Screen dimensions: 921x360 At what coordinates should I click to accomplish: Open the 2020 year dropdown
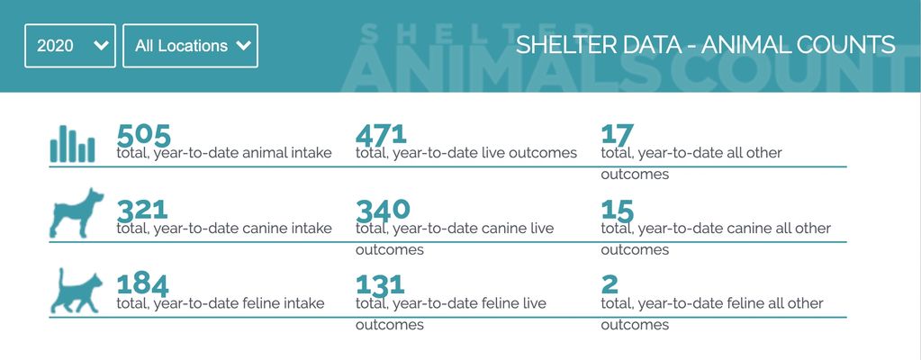[x=70, y=46]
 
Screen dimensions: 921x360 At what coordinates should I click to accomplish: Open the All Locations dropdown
[x=190, y=46]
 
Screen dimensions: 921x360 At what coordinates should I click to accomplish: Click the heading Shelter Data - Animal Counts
[x=706, y=45]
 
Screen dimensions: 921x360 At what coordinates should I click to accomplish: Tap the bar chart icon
[x=72, y=144]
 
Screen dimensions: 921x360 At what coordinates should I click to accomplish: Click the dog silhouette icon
[x=77, y=213]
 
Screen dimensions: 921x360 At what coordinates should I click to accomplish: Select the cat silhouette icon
[x=77, y=291]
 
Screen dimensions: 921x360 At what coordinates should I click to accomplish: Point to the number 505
[x=144, y=136]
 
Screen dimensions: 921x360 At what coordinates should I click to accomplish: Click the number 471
[x=381, y=135]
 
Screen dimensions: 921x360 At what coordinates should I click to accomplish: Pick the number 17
[x=618, y=135]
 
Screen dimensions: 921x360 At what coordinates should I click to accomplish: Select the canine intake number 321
[x=142, y=211]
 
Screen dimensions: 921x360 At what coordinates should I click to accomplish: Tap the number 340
[x=383, y=211]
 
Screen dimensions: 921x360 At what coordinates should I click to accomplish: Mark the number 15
[x=618, y=211]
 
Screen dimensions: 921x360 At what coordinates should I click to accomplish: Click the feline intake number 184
[x=143, y=285]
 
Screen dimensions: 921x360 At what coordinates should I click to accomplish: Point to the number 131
[x=380, y=285]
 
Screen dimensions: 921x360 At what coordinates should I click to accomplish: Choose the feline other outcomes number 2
[x=609, y=284]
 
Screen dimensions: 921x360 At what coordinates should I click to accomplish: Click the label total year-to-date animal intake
[x=224, y=153]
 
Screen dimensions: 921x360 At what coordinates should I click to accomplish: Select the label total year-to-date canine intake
[x=224, y=229]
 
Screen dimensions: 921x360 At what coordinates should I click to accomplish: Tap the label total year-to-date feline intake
[x=221, y=303]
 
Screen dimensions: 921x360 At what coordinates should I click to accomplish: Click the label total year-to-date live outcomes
[x=466, y=153]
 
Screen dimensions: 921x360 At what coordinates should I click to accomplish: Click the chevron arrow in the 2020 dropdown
[x=101, y=46]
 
